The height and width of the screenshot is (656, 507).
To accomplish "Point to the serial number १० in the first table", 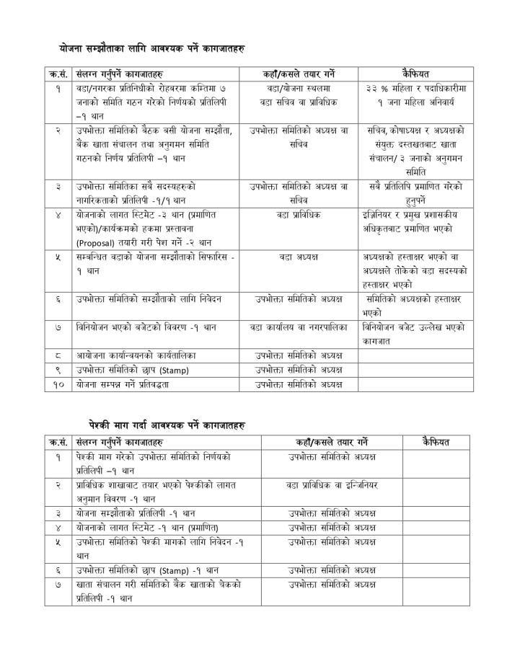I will pos(59,385).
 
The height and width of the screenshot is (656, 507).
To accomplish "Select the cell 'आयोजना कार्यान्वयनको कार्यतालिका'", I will pos(136,355).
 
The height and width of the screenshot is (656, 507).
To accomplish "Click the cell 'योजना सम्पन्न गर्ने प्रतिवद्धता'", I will pos(131,385).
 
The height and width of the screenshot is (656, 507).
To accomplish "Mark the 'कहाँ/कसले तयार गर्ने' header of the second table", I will pos(332,441).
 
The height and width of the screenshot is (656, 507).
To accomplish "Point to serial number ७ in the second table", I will pos(59,584).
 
